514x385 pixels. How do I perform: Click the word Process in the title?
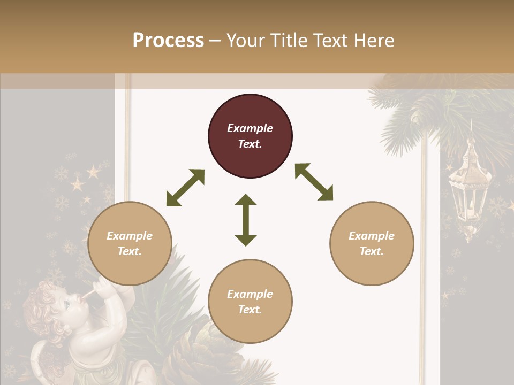coord(168,41)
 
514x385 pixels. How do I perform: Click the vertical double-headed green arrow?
coord(246,220)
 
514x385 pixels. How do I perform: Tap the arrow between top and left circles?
coord(185,188)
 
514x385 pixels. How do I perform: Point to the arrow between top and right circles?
coord(314,182)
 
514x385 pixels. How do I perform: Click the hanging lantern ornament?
coord(468,184)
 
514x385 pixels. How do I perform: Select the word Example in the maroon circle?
coord(250,128)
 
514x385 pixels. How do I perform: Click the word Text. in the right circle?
coord(372,251)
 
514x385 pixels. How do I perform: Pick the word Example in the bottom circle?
coord(250,294)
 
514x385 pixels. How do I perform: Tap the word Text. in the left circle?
coord(130,251)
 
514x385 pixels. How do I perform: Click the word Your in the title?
coord(245,41)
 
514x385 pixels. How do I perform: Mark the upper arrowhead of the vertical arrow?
coord(246,201)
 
